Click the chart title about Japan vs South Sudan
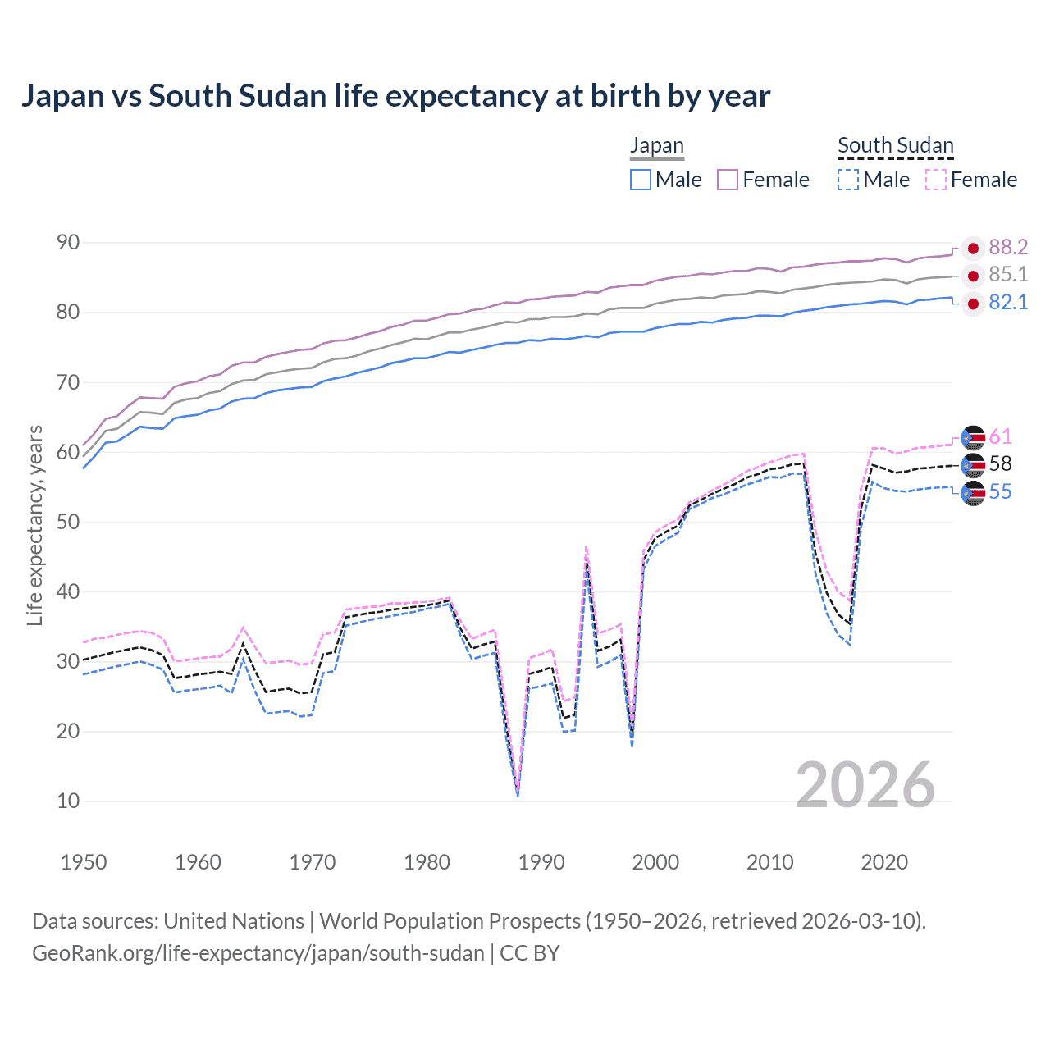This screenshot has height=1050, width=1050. click(x=395, y=96)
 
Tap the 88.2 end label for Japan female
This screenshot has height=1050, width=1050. click(x=1008, y=247)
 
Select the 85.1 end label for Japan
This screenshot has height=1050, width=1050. click(x=1008, y=274)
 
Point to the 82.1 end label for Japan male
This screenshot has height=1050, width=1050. click(x=1008, y=303)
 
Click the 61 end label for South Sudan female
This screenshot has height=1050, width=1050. click(x=1000, y=436)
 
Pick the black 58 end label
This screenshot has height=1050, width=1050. click(x=1000, y=464)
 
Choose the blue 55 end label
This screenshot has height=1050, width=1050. click(x=1000, y=492)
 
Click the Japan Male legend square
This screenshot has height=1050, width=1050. click(x=641, y=180)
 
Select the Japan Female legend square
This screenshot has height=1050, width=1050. click(x=728, y=180)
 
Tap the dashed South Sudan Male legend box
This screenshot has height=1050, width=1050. click(x=848, y=180)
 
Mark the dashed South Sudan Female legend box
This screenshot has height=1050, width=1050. click(x=936, y=180)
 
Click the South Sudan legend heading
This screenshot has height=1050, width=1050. click(x=895, y=146)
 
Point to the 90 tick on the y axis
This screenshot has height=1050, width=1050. click(x=68, y=243)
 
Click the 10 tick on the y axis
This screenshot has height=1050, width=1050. click(x=68, y=801)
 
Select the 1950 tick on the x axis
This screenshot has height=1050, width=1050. click(x=84, y=862)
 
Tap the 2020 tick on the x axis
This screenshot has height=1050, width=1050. click(x=884, y=862)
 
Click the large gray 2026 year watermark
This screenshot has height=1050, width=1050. click(x=865, y=785)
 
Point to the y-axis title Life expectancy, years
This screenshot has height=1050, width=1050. click(x=34, y=525)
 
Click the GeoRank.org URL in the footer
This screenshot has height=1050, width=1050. click(x=258, y=953)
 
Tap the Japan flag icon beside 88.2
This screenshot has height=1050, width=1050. click(x=973, y=248)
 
